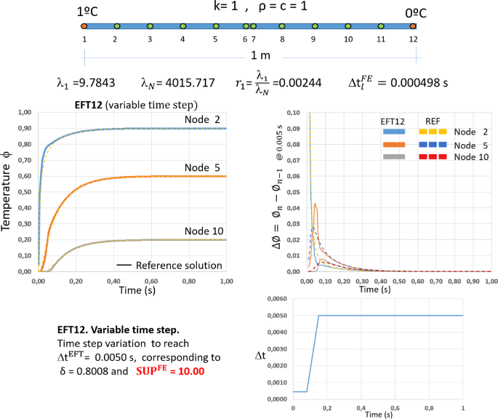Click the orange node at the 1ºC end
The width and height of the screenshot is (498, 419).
tap(85, 26)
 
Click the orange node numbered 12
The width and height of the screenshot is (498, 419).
tap(412, 26)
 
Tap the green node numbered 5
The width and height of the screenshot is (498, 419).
tap(215, 26)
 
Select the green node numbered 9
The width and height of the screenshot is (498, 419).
tap(313, 26)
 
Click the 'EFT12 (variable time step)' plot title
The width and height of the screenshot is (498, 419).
tap(136, 104)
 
